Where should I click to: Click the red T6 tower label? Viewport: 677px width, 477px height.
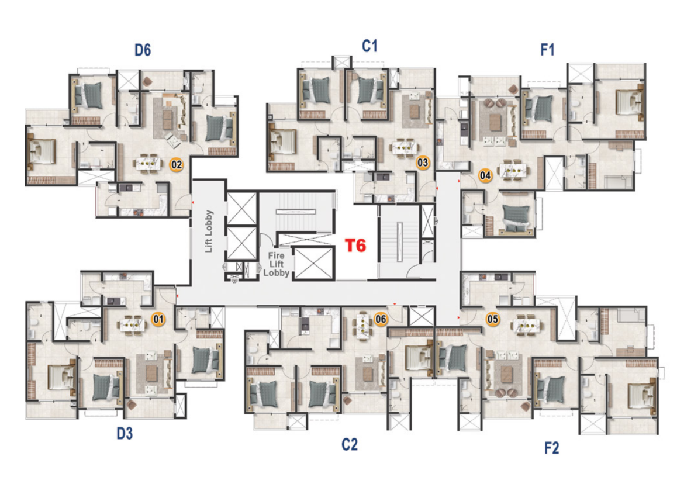coord(355,245)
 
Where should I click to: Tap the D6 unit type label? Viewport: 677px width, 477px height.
coord(143,50)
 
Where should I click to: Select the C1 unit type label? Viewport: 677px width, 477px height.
coord(369,46)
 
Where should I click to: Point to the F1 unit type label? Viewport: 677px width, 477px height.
coord(547,50)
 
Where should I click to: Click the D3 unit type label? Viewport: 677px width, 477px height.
coord(125,433)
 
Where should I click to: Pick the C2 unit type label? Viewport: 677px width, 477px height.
coord(350,444)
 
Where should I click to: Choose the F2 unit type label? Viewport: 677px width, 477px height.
coord(552,448)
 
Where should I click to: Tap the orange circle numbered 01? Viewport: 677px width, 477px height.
coord(158,319)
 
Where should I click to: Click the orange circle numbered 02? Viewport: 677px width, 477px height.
coord(177,164)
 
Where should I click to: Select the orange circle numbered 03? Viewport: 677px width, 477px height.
coord(422,163)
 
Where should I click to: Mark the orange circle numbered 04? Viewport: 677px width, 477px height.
coord(485,175)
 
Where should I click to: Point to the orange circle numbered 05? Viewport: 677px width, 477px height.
coord(493,319)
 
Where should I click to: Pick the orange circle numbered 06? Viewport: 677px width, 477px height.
coord(381,319)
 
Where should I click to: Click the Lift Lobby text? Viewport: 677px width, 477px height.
coord(209,231)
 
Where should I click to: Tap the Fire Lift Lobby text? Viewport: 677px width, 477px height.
coord(277,264)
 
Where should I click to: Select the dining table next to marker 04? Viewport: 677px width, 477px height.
coord(513,170)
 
